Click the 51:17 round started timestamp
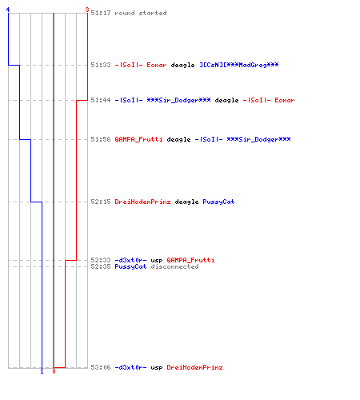pyautogui.click(x=101, y=13)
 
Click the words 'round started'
pyautogui.click(x=141, y=13)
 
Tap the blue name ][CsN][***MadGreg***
pyautogui.click(x=239, y=65)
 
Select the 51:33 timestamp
pyautogui.click(x=101, y=65)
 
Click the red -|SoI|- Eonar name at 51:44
pyautogui.click(x=269, y=100)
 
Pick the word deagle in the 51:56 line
pyautogui.click(x=178, y=139)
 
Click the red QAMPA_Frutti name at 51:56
pyautogui.click(x=138, y=139)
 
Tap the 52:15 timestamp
pyautogui.click(x=101, y=202)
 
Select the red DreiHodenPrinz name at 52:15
pyautogui.click(x=142, y=202)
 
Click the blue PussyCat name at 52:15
pyautogui.click(x=218, y=202)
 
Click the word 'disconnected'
pyautogui.click(x=174, y=266)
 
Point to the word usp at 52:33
pyautogui.click(x=157, y=261)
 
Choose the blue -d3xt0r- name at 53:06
pyautogui.click(x=130, y=367)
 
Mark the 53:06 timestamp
pyautogui.click(x=101, y=367)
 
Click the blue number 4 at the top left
pyautogui.click(x=8, y=10)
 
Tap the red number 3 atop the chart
pyautogui.click(x=87, y=10)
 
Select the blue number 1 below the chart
pyautogui.click(x=42, y=371)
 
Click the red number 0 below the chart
pyautogui.click(x=54, y=371)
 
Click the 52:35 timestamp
pyautogui.click(x=101, y=266)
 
